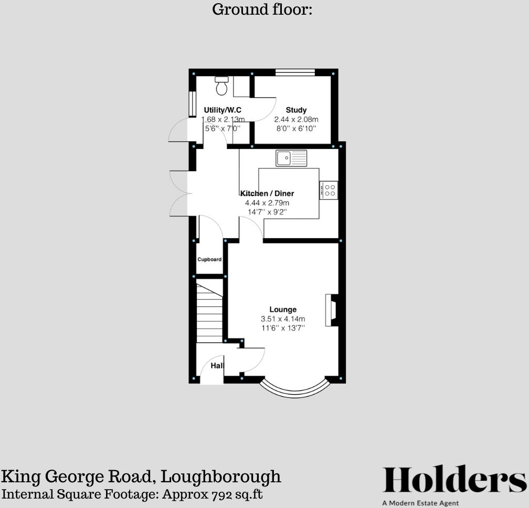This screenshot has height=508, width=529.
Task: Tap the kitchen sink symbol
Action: tap(291, 157)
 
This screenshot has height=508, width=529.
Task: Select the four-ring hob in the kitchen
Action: tap(329, 190)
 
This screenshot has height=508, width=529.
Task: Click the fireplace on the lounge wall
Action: tap(332, 310)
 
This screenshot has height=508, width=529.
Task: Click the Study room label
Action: tap(296, 110)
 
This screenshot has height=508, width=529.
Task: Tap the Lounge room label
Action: tap(283, 310)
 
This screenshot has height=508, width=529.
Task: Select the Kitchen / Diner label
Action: tap(267, 194)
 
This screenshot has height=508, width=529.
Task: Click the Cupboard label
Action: tap(209, 259)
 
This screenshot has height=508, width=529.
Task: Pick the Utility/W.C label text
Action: tap(223, 110)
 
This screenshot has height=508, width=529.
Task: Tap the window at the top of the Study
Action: tap(295, 72)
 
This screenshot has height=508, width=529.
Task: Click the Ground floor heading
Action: tap(262, 9)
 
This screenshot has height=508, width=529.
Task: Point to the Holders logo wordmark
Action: tap(454, 480)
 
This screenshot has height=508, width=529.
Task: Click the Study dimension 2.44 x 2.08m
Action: tap(296, 120)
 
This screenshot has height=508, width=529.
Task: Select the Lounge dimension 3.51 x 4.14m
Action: tap(283, 319)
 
